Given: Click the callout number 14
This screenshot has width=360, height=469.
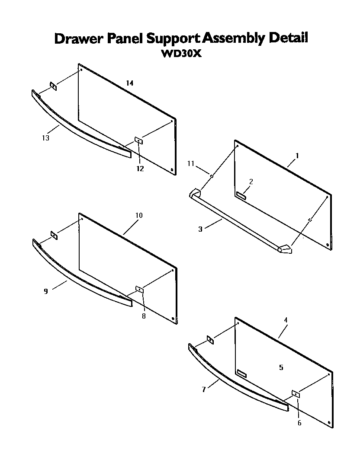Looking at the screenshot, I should coord(129,83).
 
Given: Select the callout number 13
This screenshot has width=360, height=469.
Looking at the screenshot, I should coord(45,138).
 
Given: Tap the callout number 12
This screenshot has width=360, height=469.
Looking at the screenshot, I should coord(140,169).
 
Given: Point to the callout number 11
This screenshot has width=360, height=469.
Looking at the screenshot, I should coord(191,163).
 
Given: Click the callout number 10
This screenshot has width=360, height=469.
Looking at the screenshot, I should coord(138,215).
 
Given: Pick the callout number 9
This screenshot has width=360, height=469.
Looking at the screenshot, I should coord(45,291).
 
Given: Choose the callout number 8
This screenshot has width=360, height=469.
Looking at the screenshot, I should coord(144,316).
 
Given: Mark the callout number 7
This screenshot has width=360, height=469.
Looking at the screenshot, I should coord(203,389).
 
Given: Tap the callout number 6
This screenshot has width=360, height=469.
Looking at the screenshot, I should coord(299,423).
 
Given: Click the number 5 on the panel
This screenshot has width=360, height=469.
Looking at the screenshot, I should coord(281,367).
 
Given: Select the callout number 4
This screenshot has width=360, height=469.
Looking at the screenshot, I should coord(286,320).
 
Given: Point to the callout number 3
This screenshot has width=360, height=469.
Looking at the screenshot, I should coord(200,229).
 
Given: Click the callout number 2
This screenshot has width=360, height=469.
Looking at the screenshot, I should coord(251,181).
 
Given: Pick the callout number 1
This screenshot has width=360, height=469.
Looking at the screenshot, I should coord(297,155).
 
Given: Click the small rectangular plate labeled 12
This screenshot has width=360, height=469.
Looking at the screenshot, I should coord(139,140).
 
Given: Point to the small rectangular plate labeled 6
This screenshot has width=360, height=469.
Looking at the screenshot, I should coord(296,393).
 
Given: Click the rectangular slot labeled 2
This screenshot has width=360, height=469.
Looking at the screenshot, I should coord(241,197).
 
